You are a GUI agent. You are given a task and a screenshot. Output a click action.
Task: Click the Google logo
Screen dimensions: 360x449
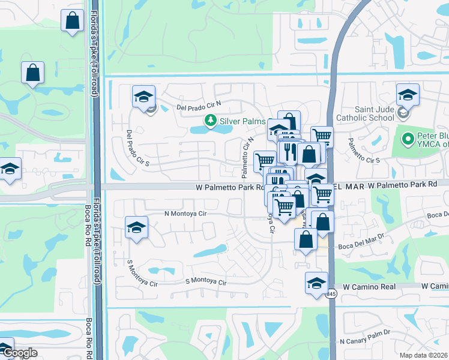pos(19,353)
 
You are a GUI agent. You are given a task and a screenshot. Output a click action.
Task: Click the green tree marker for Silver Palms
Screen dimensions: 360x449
pos(210,121)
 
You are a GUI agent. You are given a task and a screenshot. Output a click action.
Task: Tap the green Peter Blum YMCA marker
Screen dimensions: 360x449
pos(408,139)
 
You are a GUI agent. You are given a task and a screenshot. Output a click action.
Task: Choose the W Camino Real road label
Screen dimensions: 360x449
pos(370,287)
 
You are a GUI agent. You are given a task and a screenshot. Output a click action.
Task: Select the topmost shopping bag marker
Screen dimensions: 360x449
pos(72,21)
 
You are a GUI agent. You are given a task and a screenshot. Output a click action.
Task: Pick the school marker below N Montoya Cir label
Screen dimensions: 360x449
pos(136,228)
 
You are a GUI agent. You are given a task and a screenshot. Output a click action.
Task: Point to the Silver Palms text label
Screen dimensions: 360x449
pos(242,121)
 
